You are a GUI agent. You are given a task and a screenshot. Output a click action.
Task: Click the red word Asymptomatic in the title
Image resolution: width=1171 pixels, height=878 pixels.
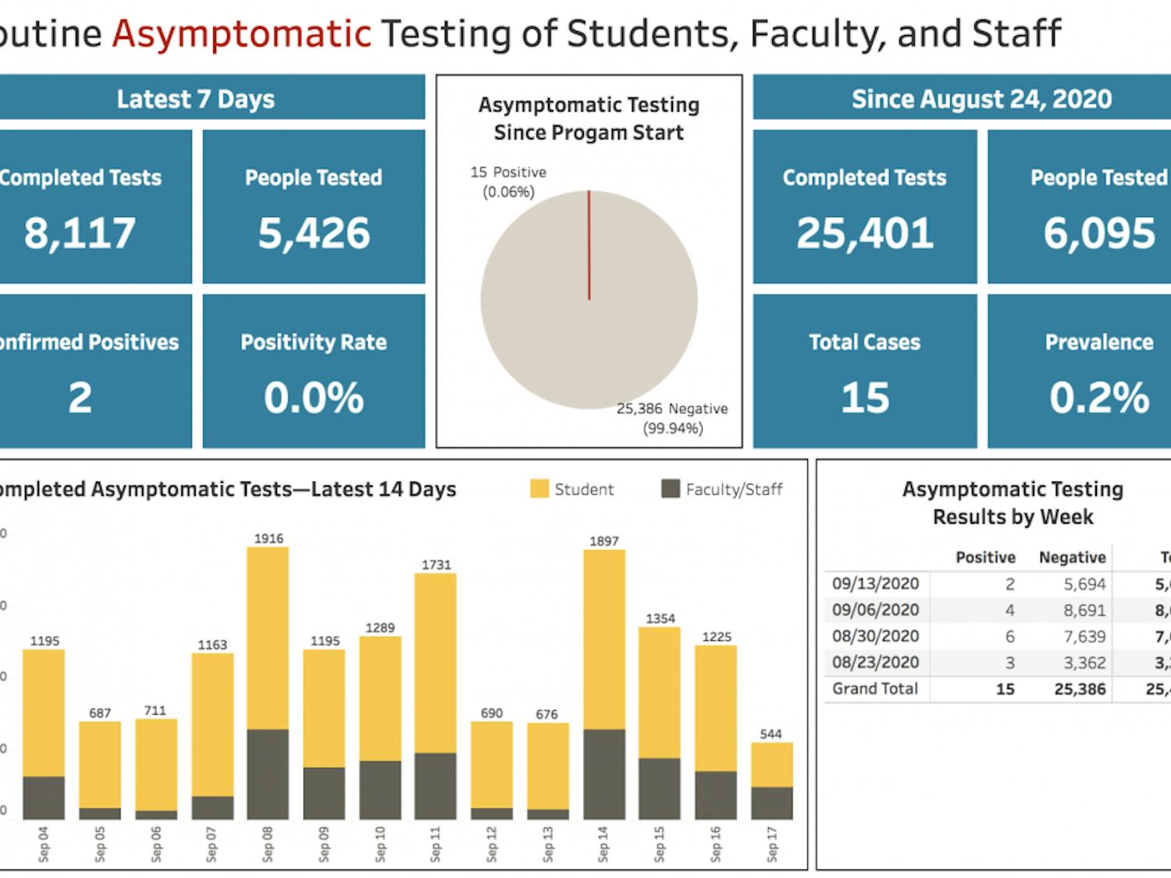point(241,34)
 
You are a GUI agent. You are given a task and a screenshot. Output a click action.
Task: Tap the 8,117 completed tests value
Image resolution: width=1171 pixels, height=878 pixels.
point(80,233)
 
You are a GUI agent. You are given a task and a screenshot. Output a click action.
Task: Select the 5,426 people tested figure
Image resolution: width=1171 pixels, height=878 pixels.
point(314,233)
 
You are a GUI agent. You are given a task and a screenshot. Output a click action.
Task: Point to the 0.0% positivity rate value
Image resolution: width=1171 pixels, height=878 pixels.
point(314,397)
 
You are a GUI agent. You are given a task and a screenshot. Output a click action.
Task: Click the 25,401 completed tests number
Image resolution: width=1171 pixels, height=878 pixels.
point(865,233)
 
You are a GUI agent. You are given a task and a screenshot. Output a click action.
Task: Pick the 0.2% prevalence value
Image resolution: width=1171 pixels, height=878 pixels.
point(1099,397)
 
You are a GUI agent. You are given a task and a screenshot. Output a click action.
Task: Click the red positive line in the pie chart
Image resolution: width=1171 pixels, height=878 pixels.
point(589,245)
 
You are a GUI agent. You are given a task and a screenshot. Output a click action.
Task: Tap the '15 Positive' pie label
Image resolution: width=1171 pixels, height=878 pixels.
point(508,172)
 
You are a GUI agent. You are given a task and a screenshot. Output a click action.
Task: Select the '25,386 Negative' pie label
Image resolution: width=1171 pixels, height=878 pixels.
point(672,409)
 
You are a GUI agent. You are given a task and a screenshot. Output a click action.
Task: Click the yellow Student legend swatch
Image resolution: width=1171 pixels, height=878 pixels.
point(539,489)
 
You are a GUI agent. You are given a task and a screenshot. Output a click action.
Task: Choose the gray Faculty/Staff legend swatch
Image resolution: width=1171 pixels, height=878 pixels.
point(671,489)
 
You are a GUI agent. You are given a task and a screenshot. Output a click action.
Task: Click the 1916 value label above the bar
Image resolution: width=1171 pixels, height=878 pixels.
point(269,539)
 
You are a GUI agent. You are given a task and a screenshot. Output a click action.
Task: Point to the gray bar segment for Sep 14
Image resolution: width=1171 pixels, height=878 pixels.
point(603,773)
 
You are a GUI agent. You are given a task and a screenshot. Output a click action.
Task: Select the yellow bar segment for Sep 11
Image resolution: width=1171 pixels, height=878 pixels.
point(436,663)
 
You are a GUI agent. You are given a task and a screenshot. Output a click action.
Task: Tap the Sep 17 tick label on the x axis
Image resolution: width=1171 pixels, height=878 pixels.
point(771,844)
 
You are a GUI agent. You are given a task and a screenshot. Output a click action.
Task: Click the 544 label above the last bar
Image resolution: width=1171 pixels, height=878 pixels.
point(771,734)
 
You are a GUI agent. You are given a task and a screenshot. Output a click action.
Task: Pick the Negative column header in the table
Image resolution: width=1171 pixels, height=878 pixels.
point(1072,557)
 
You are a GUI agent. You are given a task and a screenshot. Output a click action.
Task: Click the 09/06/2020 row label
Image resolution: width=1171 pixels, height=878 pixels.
point(875,610)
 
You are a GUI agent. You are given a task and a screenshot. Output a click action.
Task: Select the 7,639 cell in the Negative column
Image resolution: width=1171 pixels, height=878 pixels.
point(1084,637)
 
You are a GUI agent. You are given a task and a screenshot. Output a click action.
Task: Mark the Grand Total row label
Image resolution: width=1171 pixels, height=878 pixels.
point(874,689)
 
